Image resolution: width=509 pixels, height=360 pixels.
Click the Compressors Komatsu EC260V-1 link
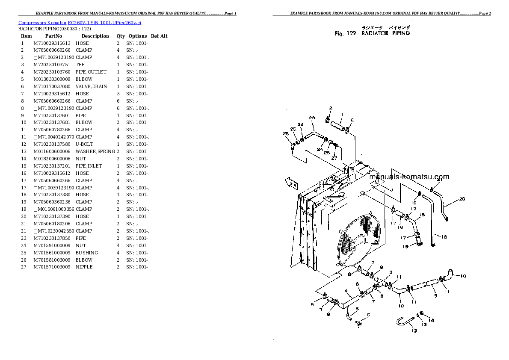pyautogui.click(x=80, y=22)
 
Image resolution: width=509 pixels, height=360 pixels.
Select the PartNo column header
pyautogui.click(x=54, y=36)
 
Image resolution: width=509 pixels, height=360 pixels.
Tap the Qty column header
pyautogui.click(x=121, y=36)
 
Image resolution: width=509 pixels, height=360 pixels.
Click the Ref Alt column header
pyautogui.click(x=159, y=36)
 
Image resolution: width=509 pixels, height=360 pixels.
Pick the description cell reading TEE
pyautogui.click(x=80, y=65)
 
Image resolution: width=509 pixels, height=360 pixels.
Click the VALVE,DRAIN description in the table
pyautogui.click(x=91, y=86)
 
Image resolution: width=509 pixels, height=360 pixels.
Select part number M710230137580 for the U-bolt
pyautogui.click(x=52, y=144)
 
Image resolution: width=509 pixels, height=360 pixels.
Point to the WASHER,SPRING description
pyautogui.click(x=95, y=151)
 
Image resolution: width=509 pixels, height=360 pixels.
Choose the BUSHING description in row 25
pyautogui.click(x=86, y=253)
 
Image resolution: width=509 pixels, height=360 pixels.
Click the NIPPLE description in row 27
pyautogui.click(x=84, y=267)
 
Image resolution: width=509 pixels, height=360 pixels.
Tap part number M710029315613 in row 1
pyautogui.click(x=52, y=43)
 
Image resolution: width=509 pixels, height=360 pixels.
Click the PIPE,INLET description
pyautogui.click(x=89, y=166)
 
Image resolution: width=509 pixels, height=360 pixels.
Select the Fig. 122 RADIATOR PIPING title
pyautogui.click(x=372, y=33)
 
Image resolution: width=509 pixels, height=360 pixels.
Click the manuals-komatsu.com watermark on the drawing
pyautogui.click(x=408, y=177)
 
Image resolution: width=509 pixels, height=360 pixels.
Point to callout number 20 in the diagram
pyautogui.click(x=462, y=198)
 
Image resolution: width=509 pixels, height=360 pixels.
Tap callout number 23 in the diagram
pyautogui.click(x=312, y=118)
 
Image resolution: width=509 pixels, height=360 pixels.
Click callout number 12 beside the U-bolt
pyautogui.click(x=414, y=330)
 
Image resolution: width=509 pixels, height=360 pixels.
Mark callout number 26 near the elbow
pyautogui.click(x=286, y=133)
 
